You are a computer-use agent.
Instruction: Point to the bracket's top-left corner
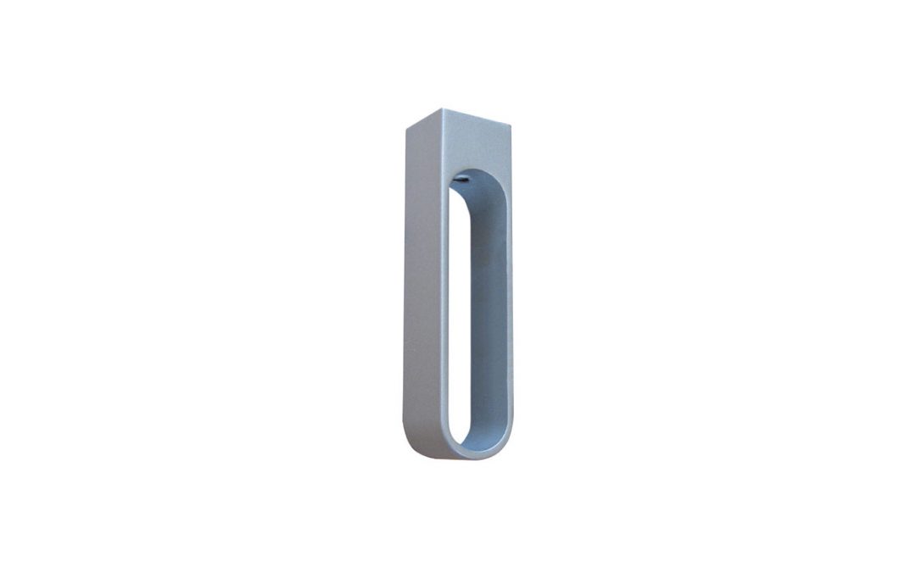406,126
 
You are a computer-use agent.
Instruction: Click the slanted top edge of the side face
424,118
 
